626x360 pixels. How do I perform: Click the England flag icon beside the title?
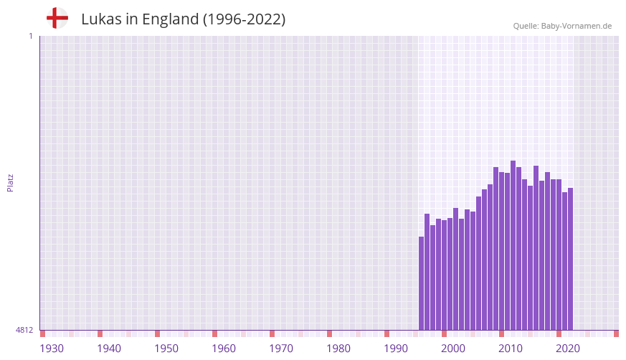point(57,18)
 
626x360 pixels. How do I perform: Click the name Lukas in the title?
point(101,19)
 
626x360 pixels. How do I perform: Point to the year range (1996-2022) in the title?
point(244,19)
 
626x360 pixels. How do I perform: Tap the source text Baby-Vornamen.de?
point(576,26)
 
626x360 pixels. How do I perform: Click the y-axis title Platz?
point(10,182)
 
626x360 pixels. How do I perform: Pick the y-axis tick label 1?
point(30,36)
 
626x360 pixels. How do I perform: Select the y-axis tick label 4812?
point(24,330)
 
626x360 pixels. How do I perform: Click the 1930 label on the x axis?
point(52,349)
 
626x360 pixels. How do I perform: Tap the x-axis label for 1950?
point(166,349)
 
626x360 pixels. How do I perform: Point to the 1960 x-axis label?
point(224,349)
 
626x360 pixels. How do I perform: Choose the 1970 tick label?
point(281,349)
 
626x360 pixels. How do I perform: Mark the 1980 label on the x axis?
point(338,349)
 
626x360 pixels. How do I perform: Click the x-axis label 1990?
point(396,349)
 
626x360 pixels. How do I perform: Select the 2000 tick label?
point(453,349)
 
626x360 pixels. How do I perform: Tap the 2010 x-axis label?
point(511,349)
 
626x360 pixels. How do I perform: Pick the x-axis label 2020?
point(568,349)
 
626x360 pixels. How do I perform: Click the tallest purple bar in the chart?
point(513,244)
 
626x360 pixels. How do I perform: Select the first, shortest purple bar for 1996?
point(421,283)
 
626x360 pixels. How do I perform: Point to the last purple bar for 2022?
point(570,258)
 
